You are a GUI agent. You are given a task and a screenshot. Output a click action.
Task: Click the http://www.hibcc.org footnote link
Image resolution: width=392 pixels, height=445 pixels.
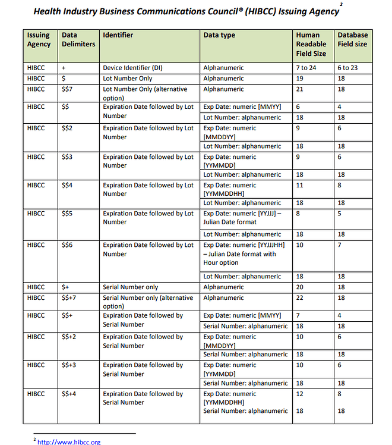pyautogui.click(x=68, y=441)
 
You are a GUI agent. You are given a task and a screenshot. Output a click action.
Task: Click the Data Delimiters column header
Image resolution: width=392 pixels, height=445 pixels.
pyautogui.click(x=78, y=39)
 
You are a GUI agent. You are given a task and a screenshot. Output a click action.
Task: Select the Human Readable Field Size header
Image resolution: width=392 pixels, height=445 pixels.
pyautogui.click(x=311, y=44)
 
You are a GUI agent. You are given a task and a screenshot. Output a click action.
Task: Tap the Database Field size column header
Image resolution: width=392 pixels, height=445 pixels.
pyautogui.click(x=352, y=39)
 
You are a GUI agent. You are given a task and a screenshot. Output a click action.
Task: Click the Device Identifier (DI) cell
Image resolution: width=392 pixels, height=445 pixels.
pyautogui.click(x=132, y=68)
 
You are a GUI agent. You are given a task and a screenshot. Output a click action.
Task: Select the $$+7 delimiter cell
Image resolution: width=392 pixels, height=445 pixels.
pyautogui.click(x=71, y=297)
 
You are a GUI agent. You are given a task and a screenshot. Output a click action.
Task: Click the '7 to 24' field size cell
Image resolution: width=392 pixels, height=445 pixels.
pyautogui.click(x=306, y=68)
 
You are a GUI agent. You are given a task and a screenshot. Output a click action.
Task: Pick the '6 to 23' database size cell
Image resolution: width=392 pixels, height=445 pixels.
pyautogui.click(x=347, y=68)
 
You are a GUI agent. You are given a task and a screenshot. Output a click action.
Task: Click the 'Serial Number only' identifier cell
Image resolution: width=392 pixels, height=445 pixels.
pyautogui.click(x=131, y=287)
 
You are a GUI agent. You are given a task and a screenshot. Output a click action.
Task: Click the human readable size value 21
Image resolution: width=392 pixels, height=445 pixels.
pyautogui.click(x=300, y=89)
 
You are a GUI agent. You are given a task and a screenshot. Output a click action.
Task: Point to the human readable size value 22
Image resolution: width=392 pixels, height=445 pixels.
pyautogui.click(x=300, y=297)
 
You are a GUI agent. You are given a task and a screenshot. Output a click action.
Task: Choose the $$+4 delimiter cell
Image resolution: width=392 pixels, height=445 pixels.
pyautogui.click(x=71, y=394)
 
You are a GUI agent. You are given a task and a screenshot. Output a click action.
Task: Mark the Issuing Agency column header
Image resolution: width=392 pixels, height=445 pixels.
pyautogui.click(x=39, y=39)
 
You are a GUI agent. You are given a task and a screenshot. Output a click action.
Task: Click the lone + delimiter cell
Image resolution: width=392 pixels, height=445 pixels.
pyautogui.click(x=64, y=68)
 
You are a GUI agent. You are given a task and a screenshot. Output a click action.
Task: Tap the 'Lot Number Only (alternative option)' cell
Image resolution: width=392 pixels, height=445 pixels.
pyautogui.click(x=145, y=93)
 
